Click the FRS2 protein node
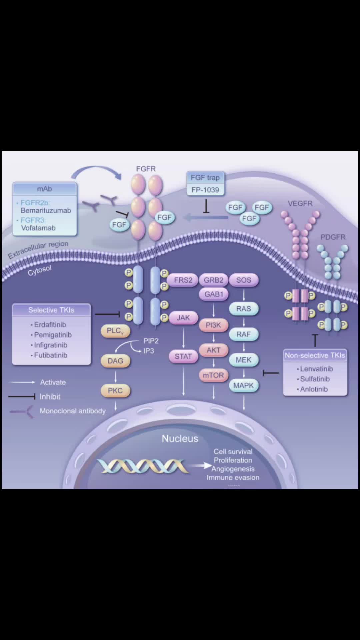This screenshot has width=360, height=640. point(183,280)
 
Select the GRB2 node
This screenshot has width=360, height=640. point(214,280)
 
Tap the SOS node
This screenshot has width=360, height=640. point(244,280)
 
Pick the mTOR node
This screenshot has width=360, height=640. point(213,375)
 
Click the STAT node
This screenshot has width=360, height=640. point(183,356)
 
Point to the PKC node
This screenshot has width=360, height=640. point(115,390)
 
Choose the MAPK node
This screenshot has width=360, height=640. point(244,385)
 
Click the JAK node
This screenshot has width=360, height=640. point(183,318)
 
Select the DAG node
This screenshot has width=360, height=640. point(115,361)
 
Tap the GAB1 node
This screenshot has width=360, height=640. point(214,294)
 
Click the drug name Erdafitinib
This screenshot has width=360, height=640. point(50,325)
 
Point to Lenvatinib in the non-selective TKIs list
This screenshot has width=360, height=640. point(316,369)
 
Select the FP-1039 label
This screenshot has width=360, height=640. point(205,190)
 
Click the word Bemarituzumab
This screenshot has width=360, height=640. point(46,210)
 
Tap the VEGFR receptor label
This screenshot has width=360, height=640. point(300,203)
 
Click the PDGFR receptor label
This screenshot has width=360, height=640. point(333,237)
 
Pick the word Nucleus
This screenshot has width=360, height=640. point(180,438)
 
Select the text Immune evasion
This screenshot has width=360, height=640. point(233,478)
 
